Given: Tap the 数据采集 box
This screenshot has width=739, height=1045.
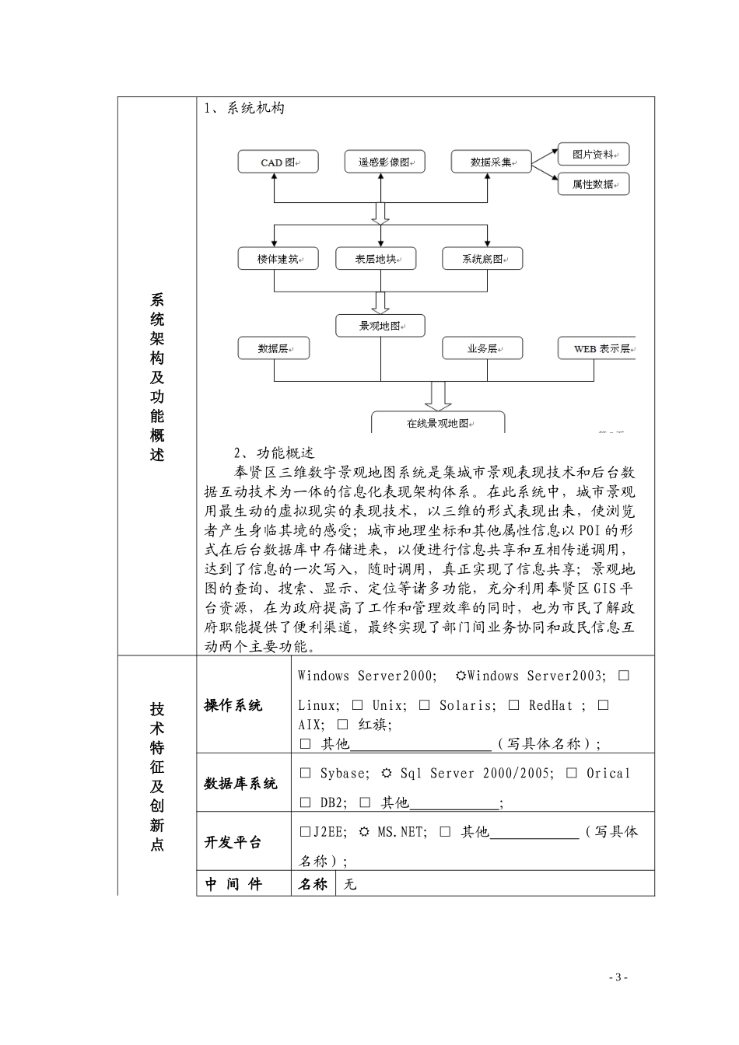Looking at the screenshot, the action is coord(491,163).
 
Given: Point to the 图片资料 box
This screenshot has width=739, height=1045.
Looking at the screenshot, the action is coord(594,154).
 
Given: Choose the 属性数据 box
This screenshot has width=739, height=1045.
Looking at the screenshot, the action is coord(594,184).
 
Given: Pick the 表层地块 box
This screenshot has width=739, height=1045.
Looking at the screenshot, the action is coord(376,259).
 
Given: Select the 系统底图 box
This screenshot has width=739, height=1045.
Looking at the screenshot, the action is coord(482,259).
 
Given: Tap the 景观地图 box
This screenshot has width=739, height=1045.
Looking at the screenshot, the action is coord(380,326).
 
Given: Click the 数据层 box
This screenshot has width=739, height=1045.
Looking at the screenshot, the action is coord(273,348).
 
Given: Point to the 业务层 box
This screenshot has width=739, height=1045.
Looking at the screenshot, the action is coord(482,348).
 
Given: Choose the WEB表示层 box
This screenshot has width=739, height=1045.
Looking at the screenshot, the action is coord(597,348).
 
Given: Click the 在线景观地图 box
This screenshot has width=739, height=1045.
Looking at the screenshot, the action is coord(438,423).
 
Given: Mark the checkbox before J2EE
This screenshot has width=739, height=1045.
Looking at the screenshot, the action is coord(305,832).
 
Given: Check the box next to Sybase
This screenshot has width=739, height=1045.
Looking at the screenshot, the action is coord(305,774).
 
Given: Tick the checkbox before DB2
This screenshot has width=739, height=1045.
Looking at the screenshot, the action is coord(305,802).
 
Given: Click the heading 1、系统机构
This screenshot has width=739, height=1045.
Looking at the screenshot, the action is coord(244,108).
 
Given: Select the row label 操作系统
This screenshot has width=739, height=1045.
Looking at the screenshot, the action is coord(233,705).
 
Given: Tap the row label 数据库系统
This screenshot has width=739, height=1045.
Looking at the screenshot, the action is coord(240,783).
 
